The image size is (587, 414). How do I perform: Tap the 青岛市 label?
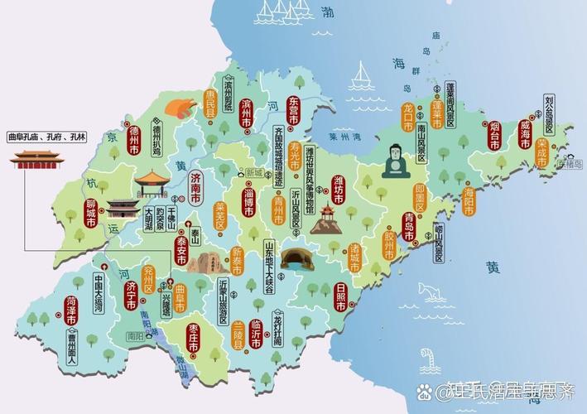tap(409, 226)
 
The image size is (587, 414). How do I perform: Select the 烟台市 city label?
tap(494, 134)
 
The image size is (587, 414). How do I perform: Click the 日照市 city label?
tap(341, 296)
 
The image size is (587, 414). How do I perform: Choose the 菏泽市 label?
tap(72, 309)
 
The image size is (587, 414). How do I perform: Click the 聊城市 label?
tap(91, 213)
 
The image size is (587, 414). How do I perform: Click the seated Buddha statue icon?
tap(394, 161)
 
